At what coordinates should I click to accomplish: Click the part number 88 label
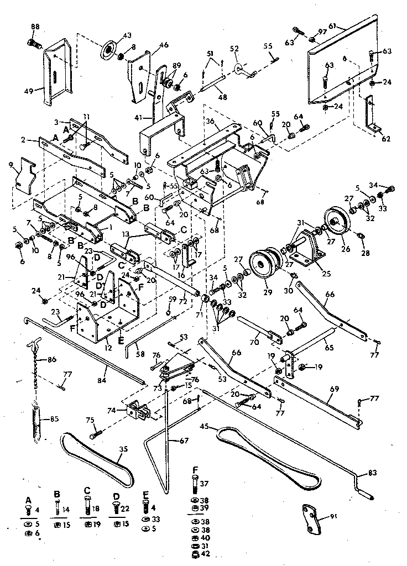(35, 27)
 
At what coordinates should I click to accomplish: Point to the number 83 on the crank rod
(363, 473)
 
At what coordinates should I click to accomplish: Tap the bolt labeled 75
(92, 434)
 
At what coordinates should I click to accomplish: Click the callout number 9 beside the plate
(11, 164)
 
